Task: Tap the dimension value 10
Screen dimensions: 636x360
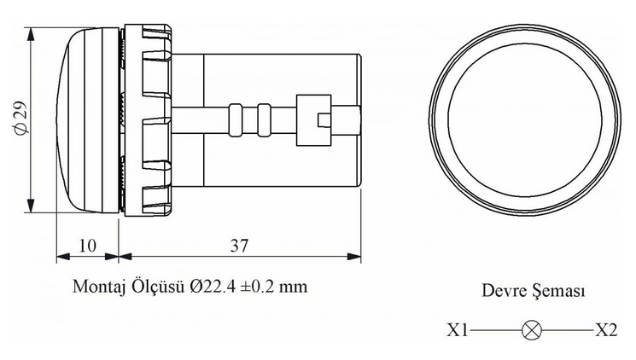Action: point(87,246)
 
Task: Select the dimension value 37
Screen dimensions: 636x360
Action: point(239,246)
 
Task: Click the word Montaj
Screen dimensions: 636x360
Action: point(99,287)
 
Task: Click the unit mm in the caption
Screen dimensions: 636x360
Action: point(293,287)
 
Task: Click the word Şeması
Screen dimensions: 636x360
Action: point(559,291)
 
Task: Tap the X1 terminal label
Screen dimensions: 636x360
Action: point(458,330)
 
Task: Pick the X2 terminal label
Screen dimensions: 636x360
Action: point(606,330)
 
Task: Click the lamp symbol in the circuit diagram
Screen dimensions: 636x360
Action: point(531,330)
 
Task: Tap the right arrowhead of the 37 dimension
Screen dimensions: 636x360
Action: point(354,256)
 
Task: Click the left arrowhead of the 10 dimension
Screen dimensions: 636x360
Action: point(63,256)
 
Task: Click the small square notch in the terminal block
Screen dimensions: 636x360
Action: point(323,120)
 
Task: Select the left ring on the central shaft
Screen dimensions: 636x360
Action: point(236,120)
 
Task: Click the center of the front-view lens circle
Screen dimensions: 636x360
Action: point(525,119)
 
